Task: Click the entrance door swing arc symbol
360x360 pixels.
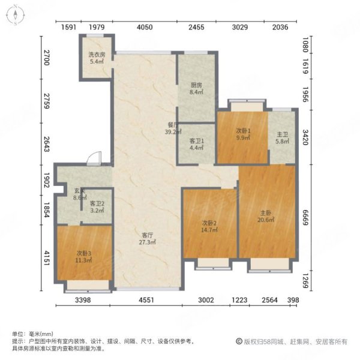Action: tap(92, 159)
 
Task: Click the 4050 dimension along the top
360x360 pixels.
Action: tap(145, 26)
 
